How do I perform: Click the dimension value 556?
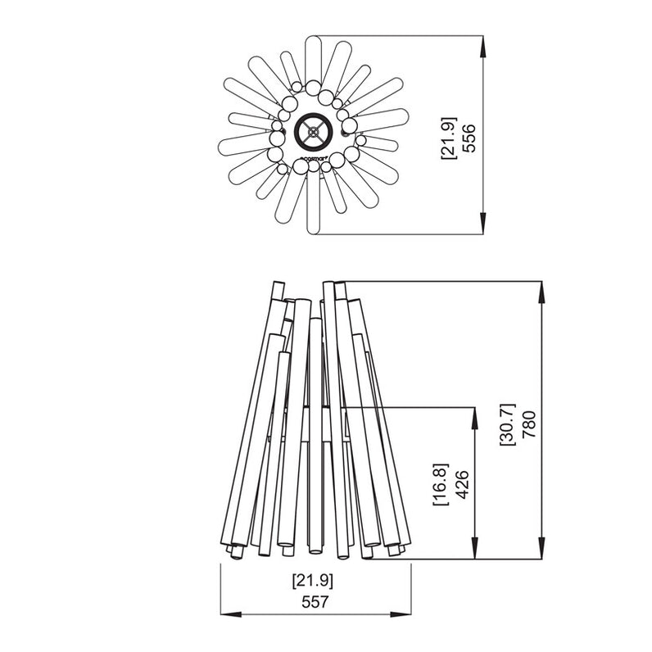click(468, 137)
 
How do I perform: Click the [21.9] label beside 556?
click(448, 137)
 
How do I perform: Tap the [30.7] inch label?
click(507, 423)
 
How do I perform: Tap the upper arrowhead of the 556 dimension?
click(483, 45)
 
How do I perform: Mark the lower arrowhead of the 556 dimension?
click(483, 225)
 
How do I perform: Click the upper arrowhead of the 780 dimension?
click(541, 291)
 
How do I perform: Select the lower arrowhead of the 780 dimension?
click(541, 550)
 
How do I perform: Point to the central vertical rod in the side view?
click(315, 434)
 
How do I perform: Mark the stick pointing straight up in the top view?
click(313, 57)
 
